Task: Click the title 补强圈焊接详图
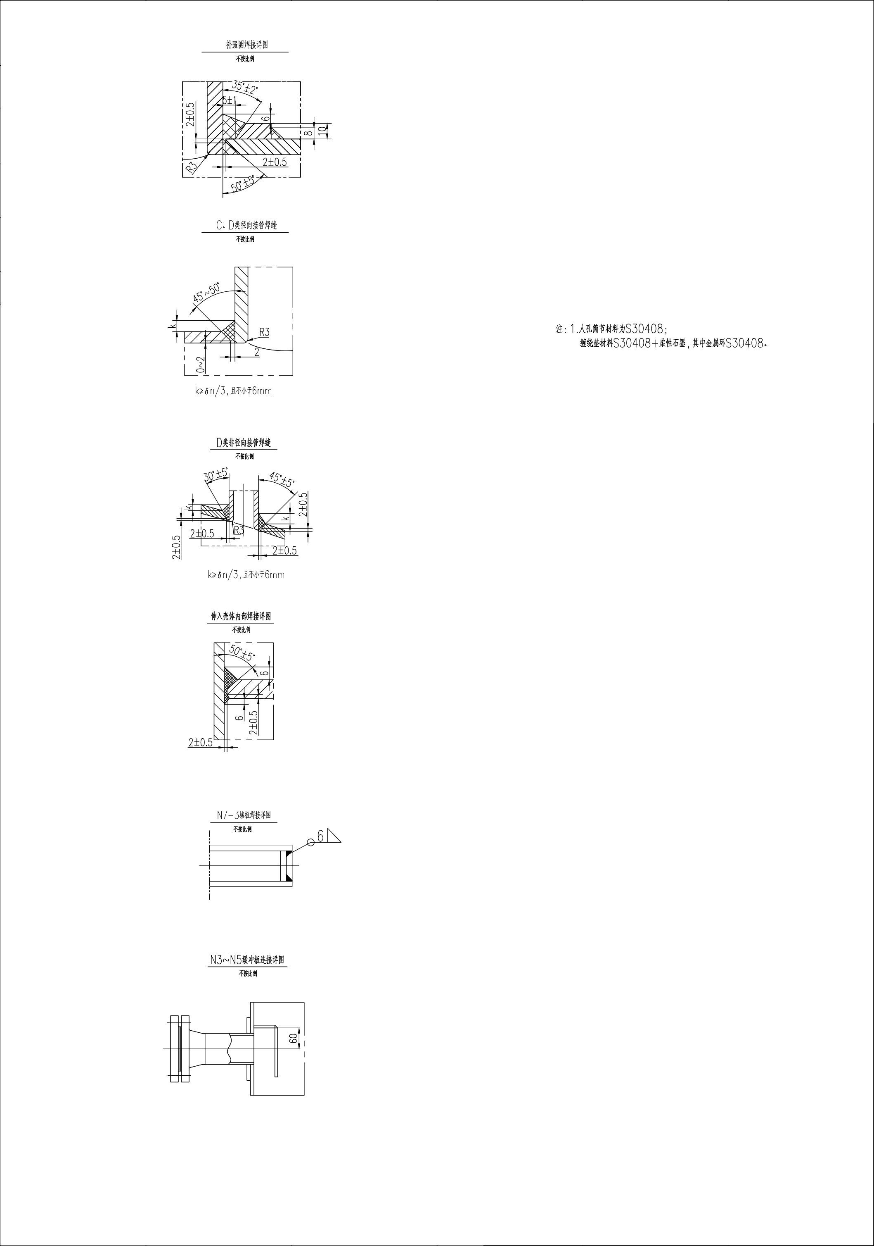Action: [247, 45]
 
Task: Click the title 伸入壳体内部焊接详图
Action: [241, 617]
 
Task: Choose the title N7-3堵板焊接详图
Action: [240, 815]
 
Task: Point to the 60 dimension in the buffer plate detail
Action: [293, 1038]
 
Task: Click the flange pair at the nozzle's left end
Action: [180, 1048]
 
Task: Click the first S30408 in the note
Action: [644, 329]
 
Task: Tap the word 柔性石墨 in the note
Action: [672, 343]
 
